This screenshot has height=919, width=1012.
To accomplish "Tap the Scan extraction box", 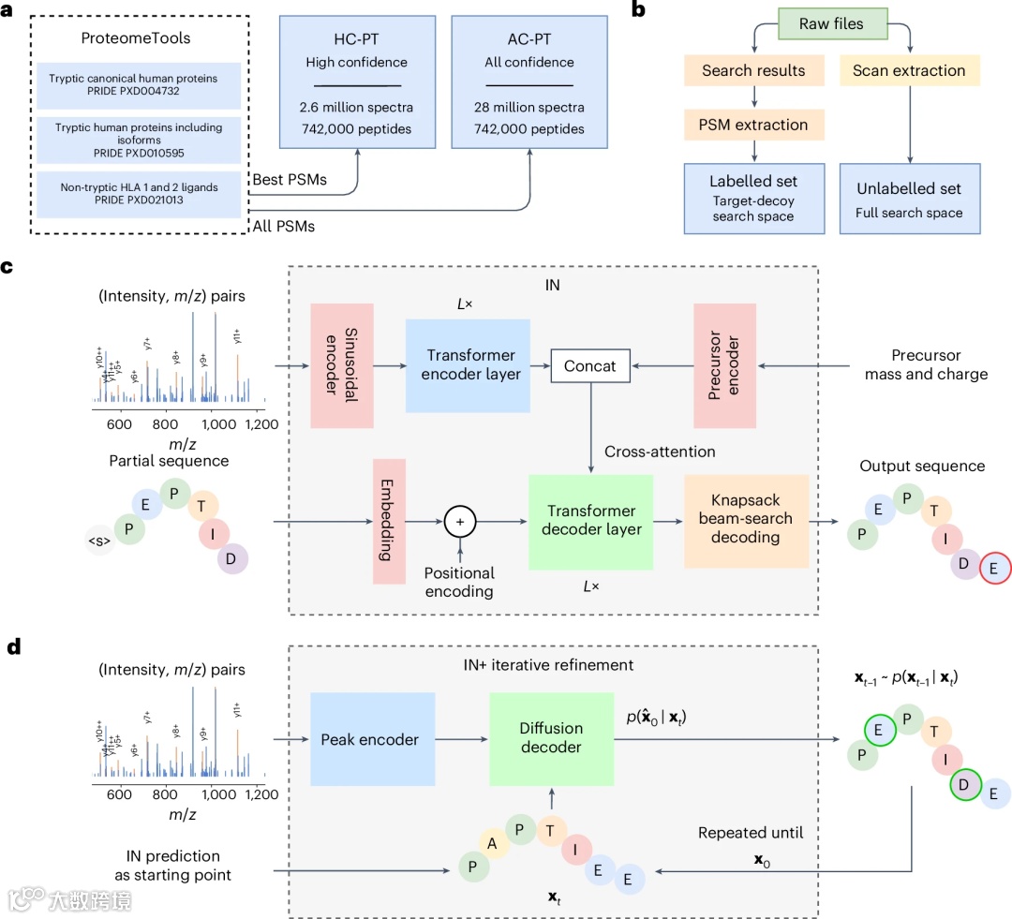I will (909, 71).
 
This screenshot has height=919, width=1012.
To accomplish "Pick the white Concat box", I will (590, 366).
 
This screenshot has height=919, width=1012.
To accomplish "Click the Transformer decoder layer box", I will (590, 522).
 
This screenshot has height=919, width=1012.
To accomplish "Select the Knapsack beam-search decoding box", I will (746, 521).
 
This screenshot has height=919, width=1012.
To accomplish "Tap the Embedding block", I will (388, 522).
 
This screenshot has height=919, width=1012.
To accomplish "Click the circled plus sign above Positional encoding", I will (460, 522).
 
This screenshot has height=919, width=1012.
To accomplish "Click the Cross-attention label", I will (660, 452).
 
